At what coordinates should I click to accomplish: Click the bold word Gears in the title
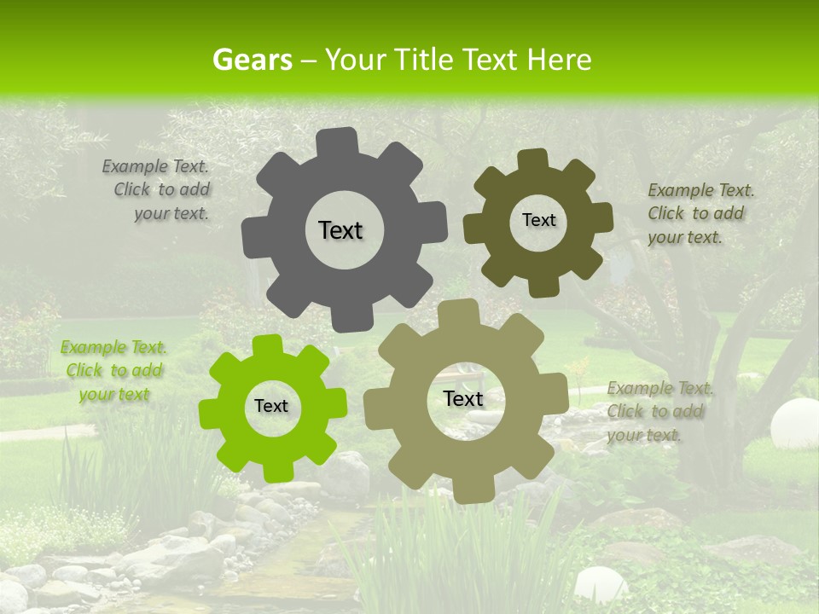252,60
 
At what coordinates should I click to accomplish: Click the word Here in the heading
559,60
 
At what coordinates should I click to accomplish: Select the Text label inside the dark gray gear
340,230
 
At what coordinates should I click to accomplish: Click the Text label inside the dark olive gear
538,220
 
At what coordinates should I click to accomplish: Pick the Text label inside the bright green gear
271,406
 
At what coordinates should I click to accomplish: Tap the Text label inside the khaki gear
463,398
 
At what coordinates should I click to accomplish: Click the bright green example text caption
113,370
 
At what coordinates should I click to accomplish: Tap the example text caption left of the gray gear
158,189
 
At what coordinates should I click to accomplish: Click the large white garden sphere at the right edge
794,423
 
